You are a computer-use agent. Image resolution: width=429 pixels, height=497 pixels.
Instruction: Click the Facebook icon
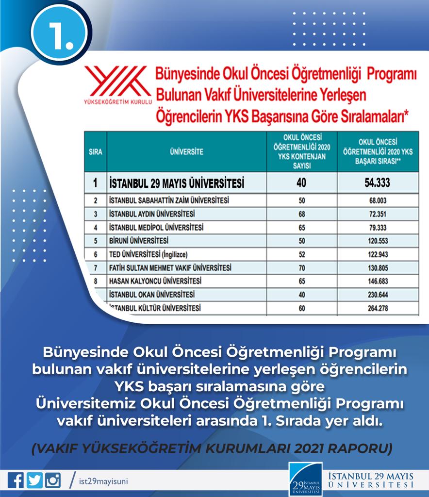click(16, 480)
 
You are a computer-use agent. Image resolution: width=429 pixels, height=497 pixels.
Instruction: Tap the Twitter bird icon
click(34, 480)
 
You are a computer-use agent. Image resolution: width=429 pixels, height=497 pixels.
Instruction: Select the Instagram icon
click(53, 480)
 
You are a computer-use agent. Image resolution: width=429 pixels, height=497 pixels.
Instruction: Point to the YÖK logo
click(118, 85)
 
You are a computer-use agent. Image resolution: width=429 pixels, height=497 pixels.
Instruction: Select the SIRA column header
click(96, 152)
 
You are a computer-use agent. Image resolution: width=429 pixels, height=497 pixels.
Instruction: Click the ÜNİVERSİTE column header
click(187, 152)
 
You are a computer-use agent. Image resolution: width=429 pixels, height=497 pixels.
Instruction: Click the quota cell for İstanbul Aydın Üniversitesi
click(301, 214)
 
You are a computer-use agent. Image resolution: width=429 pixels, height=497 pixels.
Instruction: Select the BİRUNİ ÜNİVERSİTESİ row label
click(139, 241)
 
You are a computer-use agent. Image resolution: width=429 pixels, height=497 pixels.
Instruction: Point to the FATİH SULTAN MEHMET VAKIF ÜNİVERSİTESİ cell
click(170, 267)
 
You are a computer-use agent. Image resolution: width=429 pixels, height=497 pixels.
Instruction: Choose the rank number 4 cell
click(96, 227)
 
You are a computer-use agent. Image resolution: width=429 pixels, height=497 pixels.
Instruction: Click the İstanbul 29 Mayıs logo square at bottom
click(305, 479)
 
